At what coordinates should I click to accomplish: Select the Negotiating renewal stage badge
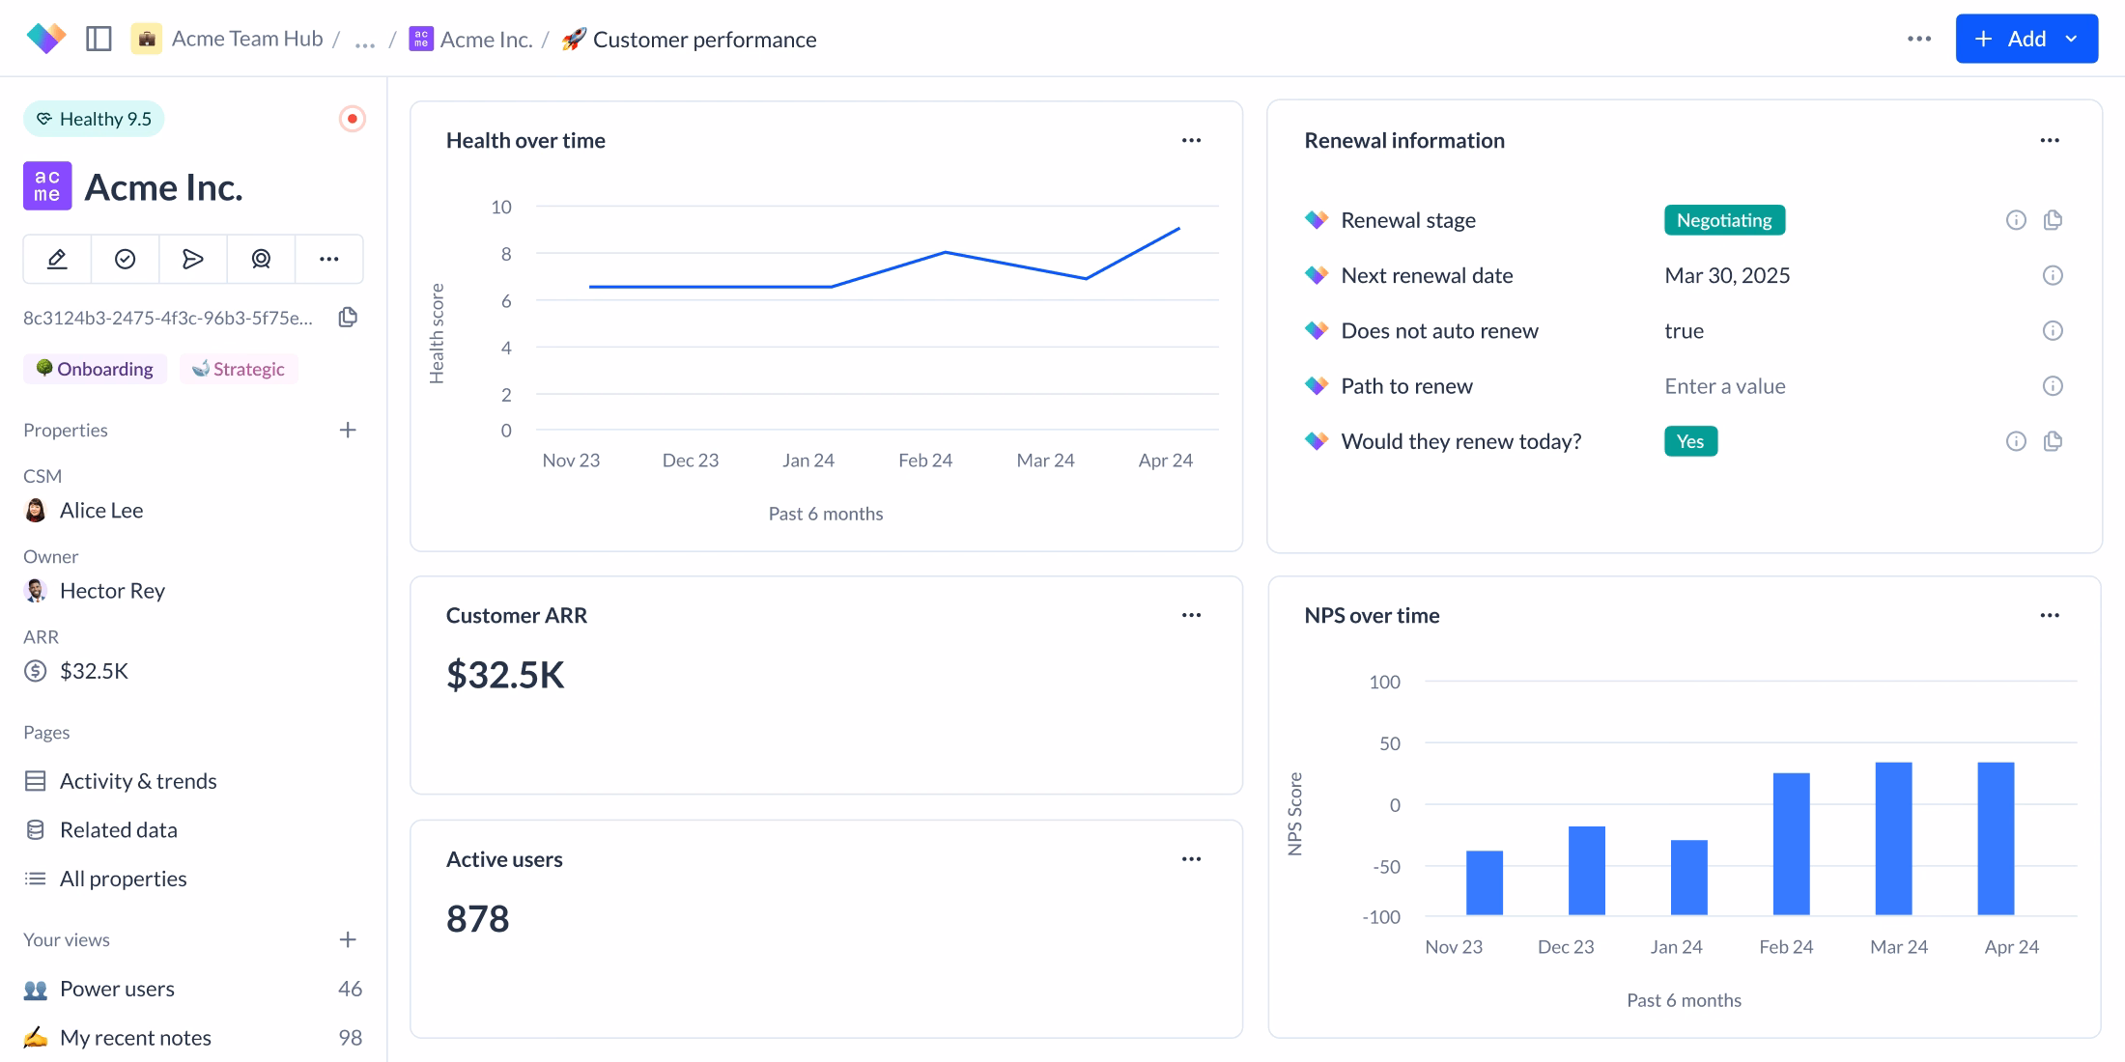1724,220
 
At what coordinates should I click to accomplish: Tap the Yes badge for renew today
1690,441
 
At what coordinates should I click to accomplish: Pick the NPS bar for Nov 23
1484,882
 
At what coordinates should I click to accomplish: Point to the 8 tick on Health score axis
505,254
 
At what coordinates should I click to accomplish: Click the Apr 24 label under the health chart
1165,461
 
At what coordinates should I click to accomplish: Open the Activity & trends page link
137,781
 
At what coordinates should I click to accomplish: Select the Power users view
117,989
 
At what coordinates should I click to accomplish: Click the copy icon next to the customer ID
348,318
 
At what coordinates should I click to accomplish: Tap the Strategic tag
239,369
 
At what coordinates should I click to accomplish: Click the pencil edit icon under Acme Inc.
57,259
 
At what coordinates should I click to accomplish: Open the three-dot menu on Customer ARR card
1191,615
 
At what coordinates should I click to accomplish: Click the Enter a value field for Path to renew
1724,386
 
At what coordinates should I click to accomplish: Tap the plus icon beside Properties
348,430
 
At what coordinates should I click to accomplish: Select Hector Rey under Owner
112,591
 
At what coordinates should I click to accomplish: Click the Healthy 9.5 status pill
94,119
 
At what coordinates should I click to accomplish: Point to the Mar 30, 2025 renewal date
1726,276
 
